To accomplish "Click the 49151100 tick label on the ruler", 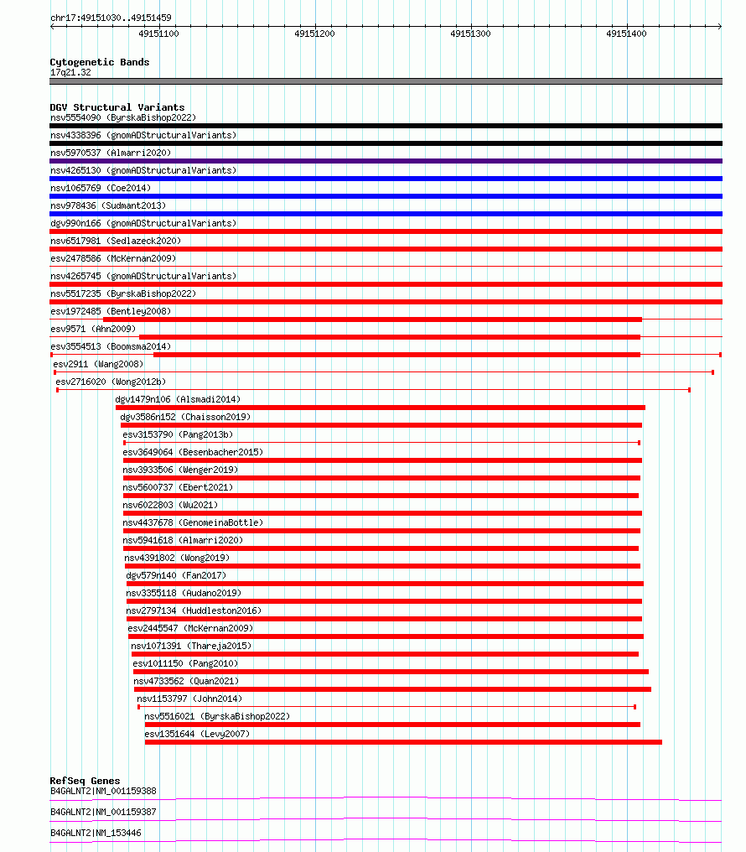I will [x=158, y=34].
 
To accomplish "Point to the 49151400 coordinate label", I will [x=626, y=34].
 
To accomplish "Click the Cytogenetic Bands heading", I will [x=99, y=62].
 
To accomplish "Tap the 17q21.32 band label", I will [x=70, y=72].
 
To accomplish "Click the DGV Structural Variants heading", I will [x=117, y=107].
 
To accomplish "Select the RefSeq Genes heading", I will [x=85, y=781].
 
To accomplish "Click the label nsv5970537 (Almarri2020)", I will [x=111, y=153].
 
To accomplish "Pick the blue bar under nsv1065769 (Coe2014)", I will [x=386, y=196].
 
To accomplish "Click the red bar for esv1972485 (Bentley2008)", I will [x=372, y=319].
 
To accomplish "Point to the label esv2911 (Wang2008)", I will [x=98, y=364].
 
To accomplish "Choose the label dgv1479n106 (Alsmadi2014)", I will [x=178, y=399].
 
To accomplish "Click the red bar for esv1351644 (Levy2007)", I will [x=403, y=742].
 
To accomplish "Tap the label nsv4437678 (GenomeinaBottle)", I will [x=193, y=522].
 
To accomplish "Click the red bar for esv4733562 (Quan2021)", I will [x=392, y=689].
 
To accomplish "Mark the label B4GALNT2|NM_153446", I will [x=96, y=833].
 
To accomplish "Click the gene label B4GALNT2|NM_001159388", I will [x=103, y=791].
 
